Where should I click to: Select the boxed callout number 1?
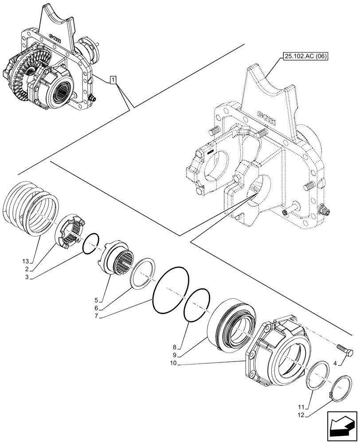click(x=113, y=80)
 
